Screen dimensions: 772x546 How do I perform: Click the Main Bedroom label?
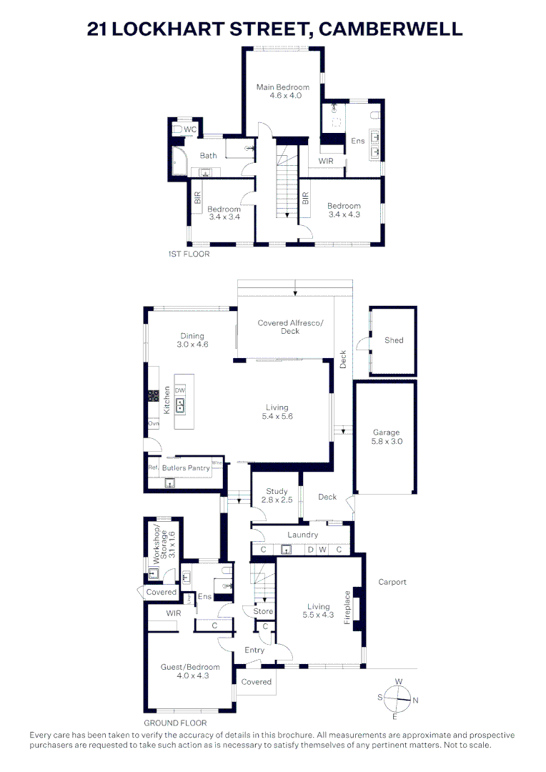pyautogui.click(x=284, y=91)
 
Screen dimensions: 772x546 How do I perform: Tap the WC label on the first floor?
pyautogui.click(x=190, y=129)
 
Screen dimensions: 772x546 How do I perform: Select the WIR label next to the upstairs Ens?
pyautogui.click(x=326, y=161)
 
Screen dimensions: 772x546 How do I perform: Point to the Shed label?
pyautogui.click(x=394, y=340)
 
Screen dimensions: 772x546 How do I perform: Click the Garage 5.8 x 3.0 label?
pyautogui.click(x=387, y=437)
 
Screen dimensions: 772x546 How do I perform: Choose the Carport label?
pyautogui.click(x=392, y=582)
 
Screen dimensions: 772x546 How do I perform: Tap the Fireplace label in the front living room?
pyautogui.click(x=348, y=608)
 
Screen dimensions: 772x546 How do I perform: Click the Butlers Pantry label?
pyautogui.click(x=186, y=468)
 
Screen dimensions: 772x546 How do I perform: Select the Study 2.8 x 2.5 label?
pyautogui.click(x=277, y=495)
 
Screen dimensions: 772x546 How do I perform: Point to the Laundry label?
pyautogui.click(x=302, y=535)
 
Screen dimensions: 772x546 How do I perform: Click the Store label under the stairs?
pyautogui.click(x=263, y=611)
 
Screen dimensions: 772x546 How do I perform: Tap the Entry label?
pyautogui.click(x=254, y=650)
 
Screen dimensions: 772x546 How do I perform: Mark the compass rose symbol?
pyautogui.click(x=395, y=696)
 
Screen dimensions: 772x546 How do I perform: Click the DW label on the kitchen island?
pyautogui.click(x=180, y=390)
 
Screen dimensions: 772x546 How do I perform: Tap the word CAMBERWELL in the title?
pyautogui.click(x=390, y=29)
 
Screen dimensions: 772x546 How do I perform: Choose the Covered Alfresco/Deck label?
pyautogui.click(x=290, y=327)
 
